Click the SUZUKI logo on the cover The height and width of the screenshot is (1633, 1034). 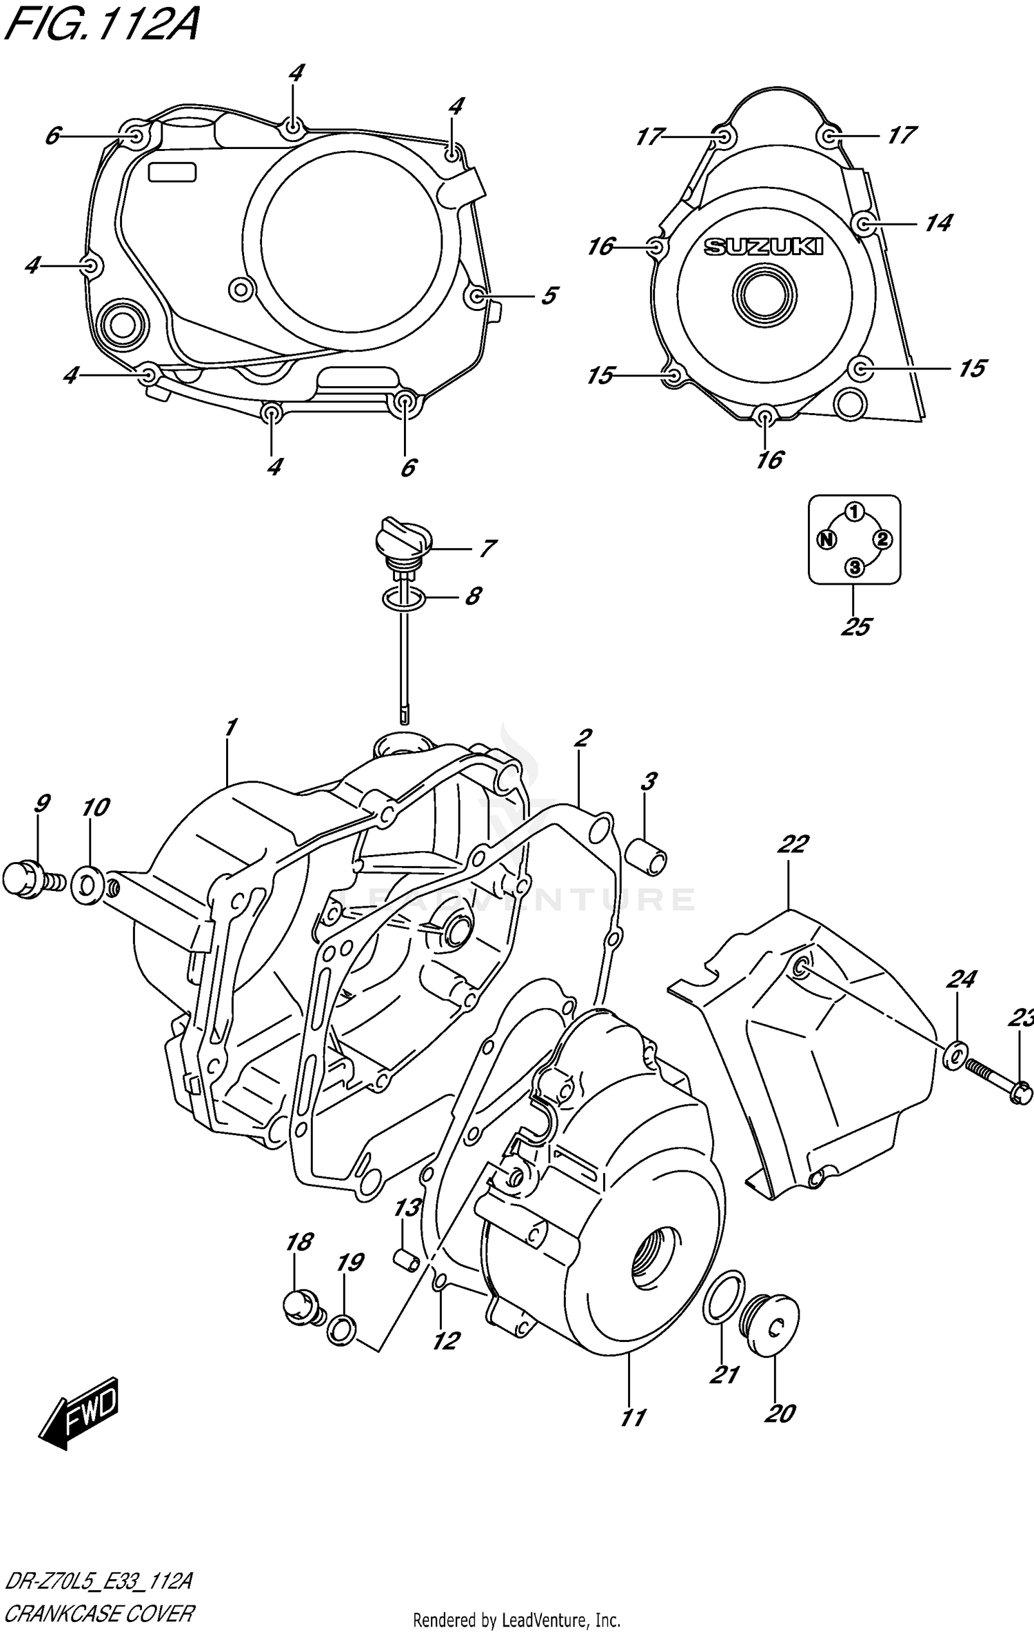(763, 246)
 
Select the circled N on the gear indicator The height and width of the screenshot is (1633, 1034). (826, 539)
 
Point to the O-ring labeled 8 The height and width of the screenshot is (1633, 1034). (404, 597)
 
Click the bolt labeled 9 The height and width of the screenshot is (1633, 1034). (28, 880)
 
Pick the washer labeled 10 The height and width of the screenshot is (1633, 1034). (88, 886)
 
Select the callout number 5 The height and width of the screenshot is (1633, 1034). (549, 296)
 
